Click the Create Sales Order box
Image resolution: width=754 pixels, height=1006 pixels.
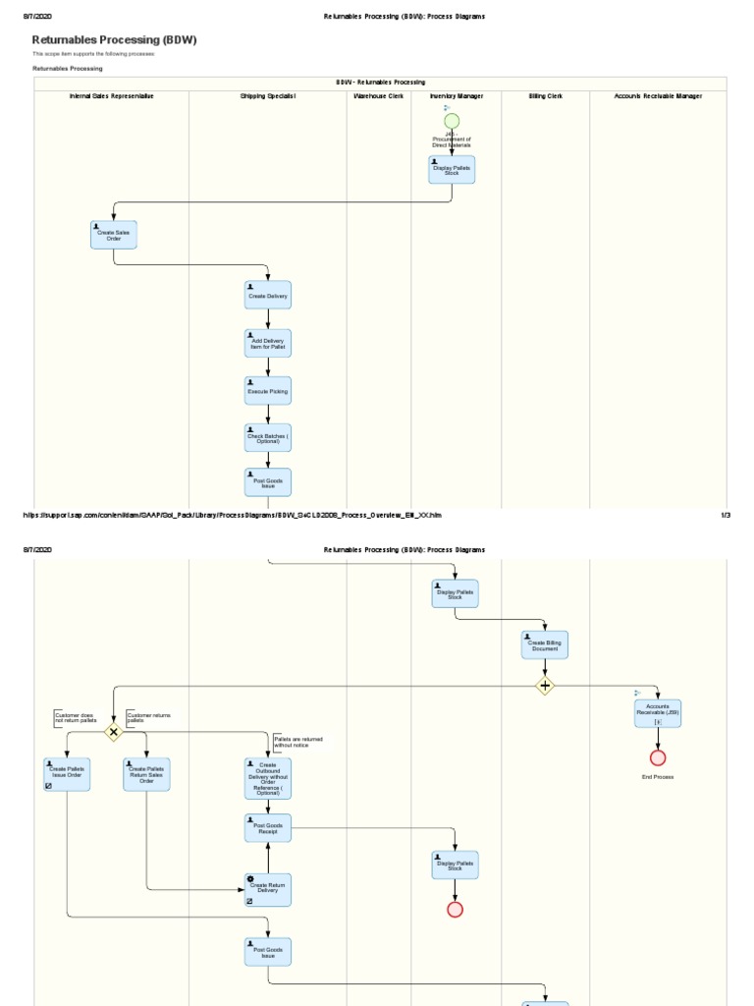click(x=114, y=235)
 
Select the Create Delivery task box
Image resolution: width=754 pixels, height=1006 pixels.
click(x=268, y=295)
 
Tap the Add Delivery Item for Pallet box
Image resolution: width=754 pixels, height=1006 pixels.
click(x=268, y=343)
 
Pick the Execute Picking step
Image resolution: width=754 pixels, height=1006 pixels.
click(x=268, y=391)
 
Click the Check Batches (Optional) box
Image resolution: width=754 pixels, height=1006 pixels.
click(x=268, y=438)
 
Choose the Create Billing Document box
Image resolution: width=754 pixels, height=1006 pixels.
click(x=545, y=645)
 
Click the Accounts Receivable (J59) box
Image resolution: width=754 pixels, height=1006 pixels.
click(x=658, y=713)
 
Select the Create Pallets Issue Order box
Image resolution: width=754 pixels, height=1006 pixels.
click(x=67, y=774)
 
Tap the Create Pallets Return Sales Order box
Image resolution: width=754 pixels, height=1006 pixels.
click(x=146, y=774)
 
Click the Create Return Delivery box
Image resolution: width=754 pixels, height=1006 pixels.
click(x=268, y=889)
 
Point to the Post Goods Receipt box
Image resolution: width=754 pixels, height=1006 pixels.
click(x=268, y=828)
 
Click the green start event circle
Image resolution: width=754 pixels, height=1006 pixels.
click(x=452, y=121)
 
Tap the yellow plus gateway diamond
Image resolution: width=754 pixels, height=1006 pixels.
click(x=545, y=686)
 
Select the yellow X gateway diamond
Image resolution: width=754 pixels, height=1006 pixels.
click(x=114, y=732)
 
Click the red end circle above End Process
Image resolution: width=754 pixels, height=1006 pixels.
click(x=658, y=757)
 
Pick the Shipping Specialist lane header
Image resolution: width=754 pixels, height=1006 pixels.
click(x=267, y=96)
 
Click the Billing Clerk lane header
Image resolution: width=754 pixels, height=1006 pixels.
click(x=545, y=96)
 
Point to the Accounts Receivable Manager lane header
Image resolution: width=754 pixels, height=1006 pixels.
click(x=658, y=96)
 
